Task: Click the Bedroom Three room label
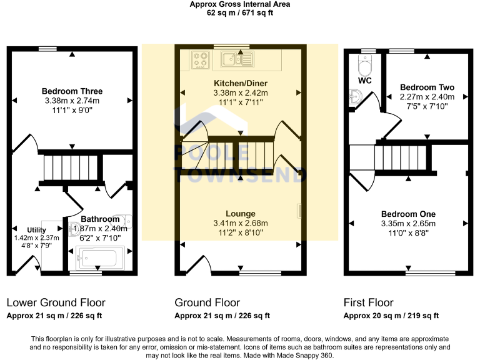point(72,91)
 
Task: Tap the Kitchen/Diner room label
point(241,83)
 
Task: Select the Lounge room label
point(241,214)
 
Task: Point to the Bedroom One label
point(408,214)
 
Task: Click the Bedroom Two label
point(427,87)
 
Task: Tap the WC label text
point(365,81)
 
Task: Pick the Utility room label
point(37,230)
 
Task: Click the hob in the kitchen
point(201,60)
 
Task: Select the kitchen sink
point(237,59)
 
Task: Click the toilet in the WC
point(365,65)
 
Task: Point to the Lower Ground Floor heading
point(56,302)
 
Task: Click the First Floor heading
point(368,302)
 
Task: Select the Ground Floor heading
point(207,302)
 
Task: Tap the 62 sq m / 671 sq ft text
point(240,13)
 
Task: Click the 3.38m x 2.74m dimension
point(72,101)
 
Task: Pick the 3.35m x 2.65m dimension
point(408,224)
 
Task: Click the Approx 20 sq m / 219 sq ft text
point(391,316)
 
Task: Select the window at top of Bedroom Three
point(47,49)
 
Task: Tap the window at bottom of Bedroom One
point(431,273)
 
